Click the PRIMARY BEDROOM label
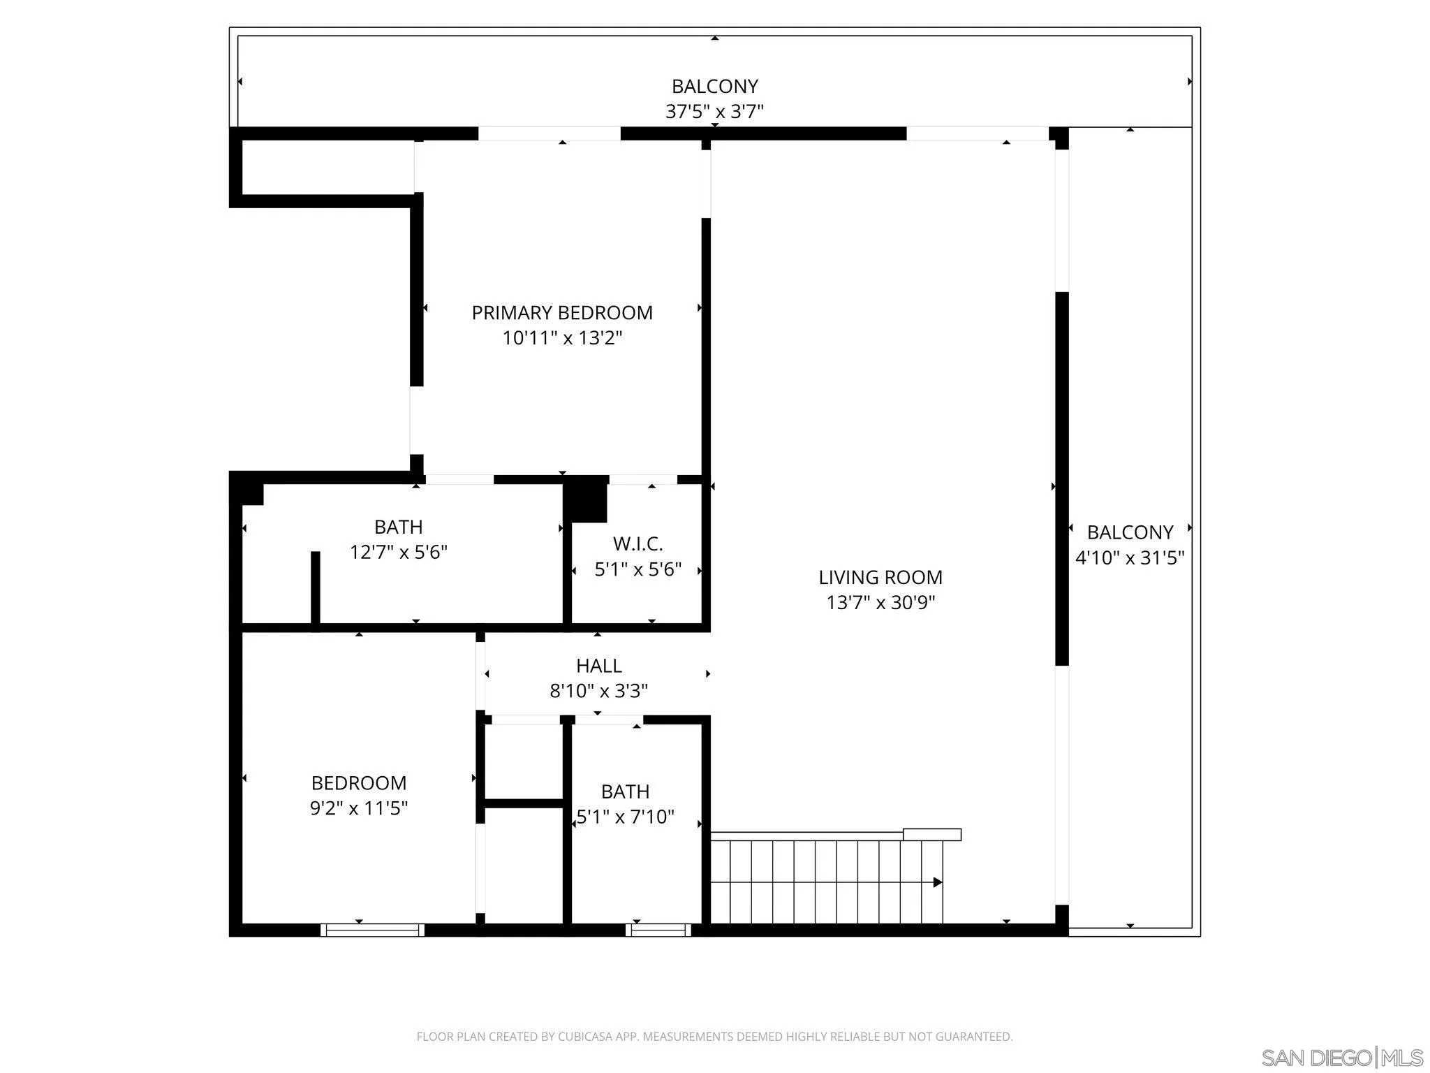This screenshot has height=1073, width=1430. tap(562, 312)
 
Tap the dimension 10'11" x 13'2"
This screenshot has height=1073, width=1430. tap(562, 338)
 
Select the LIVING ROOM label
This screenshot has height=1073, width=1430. tap(880, 577)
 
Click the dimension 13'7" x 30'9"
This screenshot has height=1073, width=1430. tap(880, 602)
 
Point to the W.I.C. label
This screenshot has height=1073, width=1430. tap(637, 543)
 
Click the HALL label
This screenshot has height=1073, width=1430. tap(598, 665)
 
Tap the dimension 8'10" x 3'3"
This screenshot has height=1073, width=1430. tap(598, 691)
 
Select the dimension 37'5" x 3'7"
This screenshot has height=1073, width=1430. tap(714, 112)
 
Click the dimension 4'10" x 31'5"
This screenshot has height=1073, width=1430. tap(1129, 557)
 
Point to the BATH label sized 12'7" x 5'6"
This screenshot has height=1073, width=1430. tap(398, 526)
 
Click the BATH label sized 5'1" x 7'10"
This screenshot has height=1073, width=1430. tap(625, 791)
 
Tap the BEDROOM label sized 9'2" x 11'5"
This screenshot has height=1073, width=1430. tap(358, 782)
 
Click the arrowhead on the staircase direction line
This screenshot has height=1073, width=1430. tap(938, 882)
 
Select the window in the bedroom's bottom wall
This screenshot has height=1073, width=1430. tap(372, 930)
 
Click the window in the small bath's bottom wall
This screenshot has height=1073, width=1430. tap(658, 930)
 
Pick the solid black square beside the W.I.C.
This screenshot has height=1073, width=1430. tap(585, 499)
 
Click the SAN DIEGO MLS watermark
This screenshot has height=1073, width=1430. tap(1341, 1057)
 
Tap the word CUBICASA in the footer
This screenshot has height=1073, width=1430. tap(586, 1037)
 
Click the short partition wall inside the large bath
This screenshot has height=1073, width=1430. tap(315, 588)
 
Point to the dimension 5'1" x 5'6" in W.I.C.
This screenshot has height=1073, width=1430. tap(637, 569)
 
